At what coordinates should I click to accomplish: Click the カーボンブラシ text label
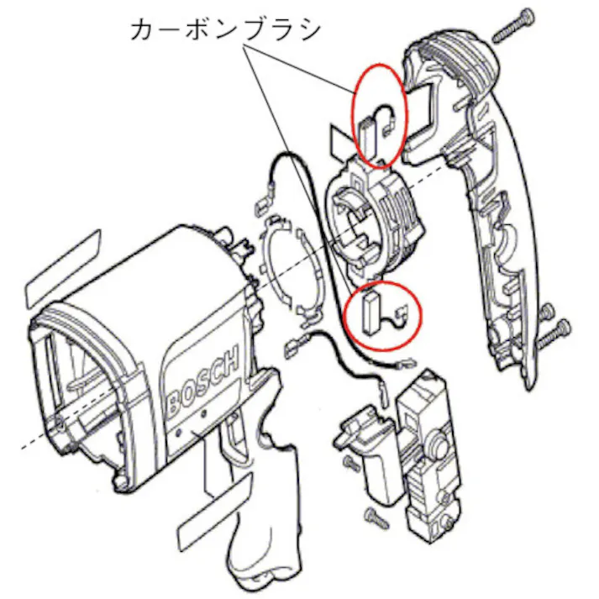226,29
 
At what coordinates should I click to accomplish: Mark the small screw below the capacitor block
373,516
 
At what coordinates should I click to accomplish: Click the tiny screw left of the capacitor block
348,464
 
